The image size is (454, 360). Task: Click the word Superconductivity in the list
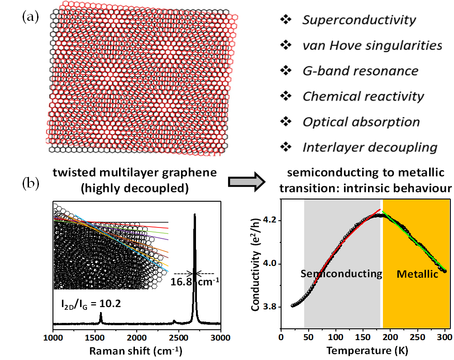point(358,20)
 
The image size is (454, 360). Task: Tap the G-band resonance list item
point(360,71)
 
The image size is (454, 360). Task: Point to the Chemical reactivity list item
point(363,96)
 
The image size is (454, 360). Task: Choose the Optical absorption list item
point(361,122)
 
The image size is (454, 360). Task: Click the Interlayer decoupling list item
point(370,147)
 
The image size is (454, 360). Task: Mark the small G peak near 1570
point(100,319)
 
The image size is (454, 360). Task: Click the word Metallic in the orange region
point(417,274)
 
